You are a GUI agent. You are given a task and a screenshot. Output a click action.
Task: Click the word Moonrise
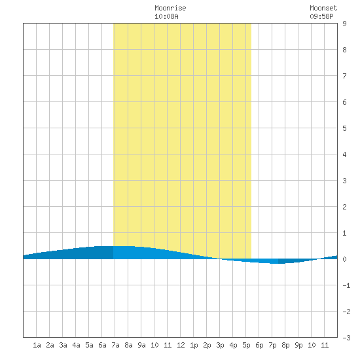point(170,8)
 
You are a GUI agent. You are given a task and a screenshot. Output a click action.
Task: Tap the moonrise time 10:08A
point(166,16)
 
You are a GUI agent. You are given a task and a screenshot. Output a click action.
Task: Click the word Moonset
point(323,8)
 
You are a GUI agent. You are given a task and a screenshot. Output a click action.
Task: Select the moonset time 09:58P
point(321,16)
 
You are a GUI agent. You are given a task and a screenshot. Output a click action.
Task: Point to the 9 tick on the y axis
point(344,24)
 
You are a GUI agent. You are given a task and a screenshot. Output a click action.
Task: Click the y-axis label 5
point(344,128)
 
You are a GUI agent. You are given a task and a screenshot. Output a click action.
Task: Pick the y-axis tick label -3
point(346,338)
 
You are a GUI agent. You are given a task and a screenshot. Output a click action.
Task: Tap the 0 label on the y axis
point(344,259)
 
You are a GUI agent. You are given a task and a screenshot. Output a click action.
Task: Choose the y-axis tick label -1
point(346,285)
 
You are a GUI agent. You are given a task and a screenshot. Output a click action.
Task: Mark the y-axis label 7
point(344,76)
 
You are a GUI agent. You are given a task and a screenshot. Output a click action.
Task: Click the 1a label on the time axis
point(37,345)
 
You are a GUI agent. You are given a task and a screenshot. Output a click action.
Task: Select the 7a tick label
point(115,345)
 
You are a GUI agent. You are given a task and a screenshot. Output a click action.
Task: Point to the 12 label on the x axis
point(181,345)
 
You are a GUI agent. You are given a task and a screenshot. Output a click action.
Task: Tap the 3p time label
point(220,345)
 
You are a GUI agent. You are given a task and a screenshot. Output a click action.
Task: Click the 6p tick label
point(259,345)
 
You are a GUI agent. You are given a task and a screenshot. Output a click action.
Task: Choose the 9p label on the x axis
point(298,345)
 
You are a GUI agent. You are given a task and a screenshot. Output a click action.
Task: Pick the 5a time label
point(89,345)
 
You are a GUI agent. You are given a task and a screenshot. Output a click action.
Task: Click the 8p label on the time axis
point(285,345)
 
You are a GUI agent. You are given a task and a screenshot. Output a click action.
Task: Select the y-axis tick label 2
point(344,207)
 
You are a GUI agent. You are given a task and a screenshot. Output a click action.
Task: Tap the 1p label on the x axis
point(194,345)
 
